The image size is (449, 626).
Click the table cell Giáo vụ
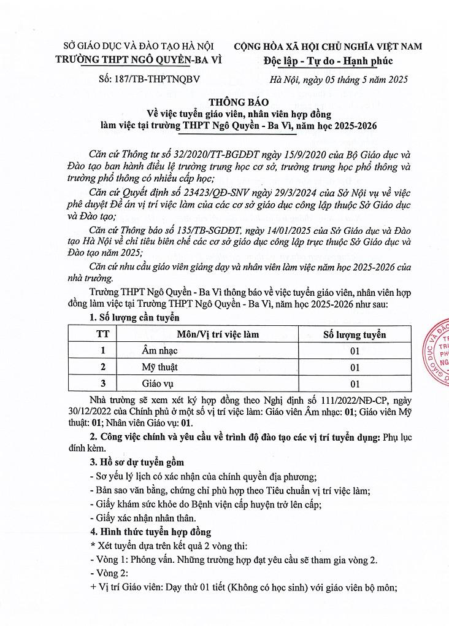[x=157, y=384]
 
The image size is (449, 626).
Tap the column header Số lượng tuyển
[x=355, y=334]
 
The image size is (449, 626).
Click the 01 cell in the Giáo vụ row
[x=355, y=384]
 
